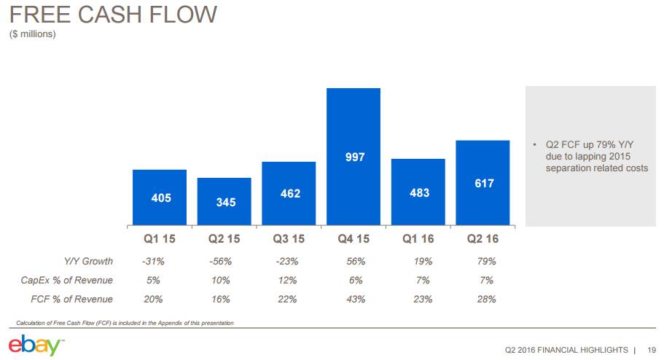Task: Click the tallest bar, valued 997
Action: click(354, 156)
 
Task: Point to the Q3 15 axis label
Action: click(289, 238)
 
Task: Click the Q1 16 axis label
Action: click(418, 238)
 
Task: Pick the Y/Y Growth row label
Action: click(89, 261)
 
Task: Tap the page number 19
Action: click(652, 349)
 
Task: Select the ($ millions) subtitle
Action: click(33, 34)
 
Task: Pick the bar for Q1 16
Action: click(418, 192)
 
